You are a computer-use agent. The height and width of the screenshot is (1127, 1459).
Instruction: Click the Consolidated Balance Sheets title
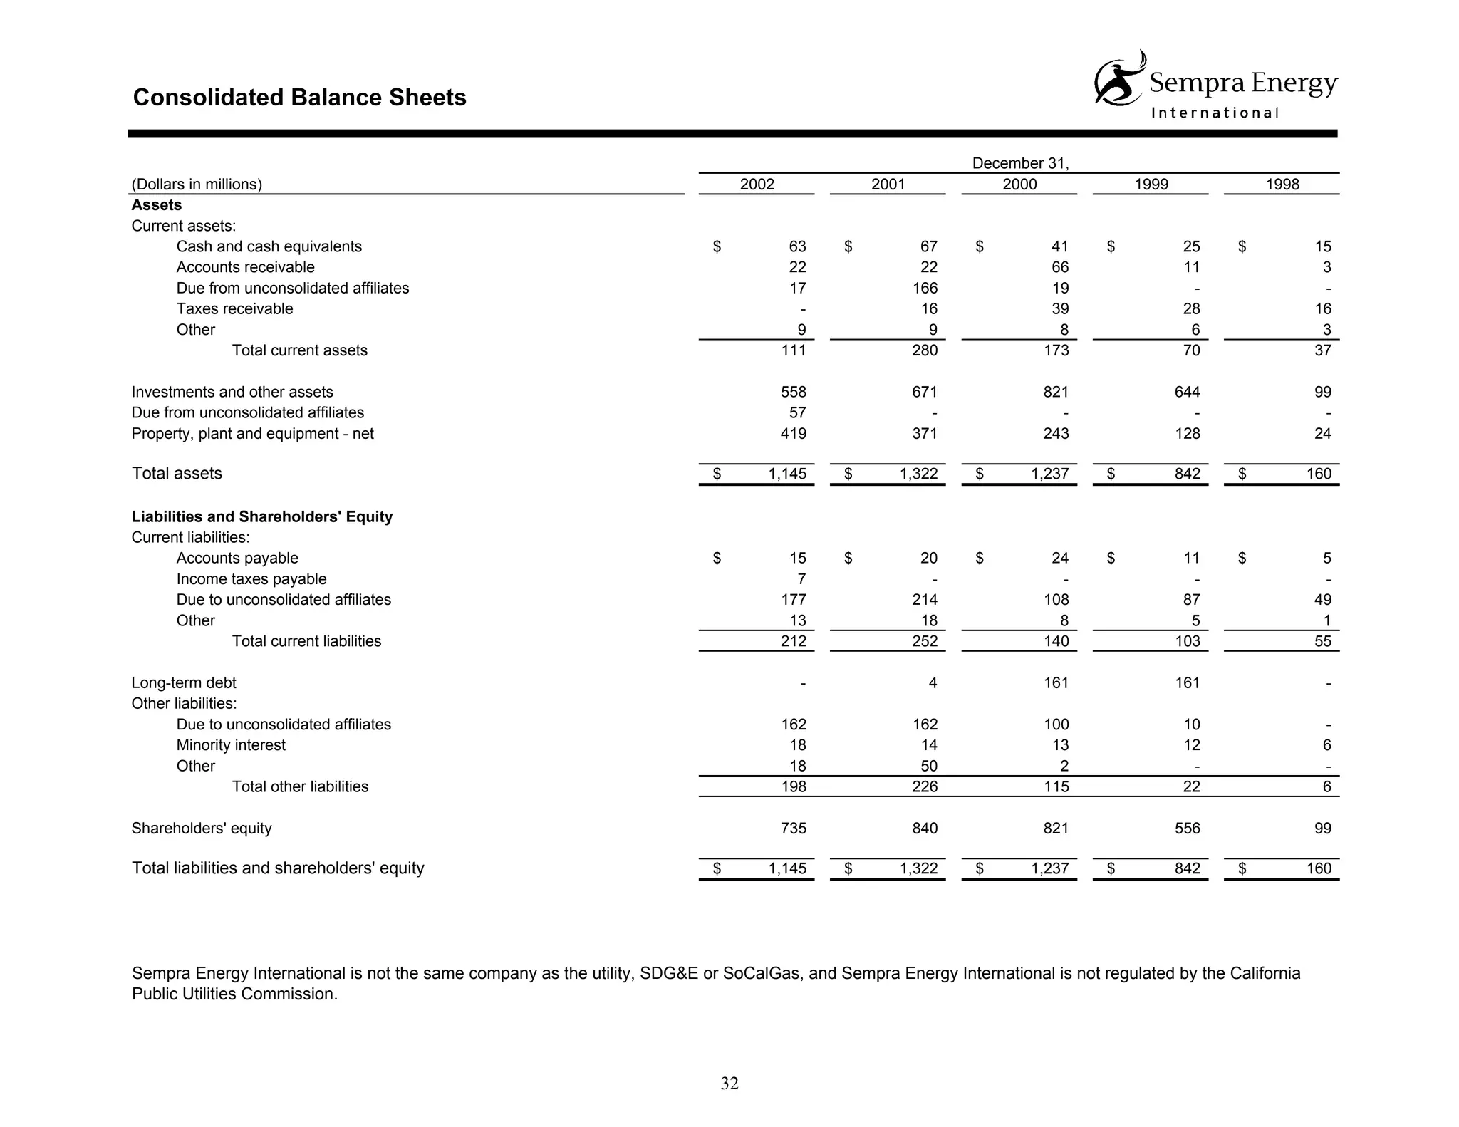click(x=299, y=98)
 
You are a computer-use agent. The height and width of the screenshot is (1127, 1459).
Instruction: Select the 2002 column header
click(x=757, y=185)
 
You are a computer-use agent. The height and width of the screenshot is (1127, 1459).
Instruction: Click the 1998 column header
click(x=1282, y=185)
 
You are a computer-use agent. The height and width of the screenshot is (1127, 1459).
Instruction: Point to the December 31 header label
click(x=1019, y=163)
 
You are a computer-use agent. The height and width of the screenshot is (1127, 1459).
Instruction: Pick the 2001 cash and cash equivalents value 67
click(x=928, y=246)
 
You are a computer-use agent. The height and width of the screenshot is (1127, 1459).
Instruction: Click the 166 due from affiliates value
click(x=924, y=288)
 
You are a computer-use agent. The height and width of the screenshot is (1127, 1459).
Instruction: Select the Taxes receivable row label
click(x=234, y=308)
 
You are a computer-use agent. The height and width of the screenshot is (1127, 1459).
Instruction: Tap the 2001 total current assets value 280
click(x=924, y=350)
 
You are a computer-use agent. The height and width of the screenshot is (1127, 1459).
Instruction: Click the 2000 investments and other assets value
click(x=1056, y=392)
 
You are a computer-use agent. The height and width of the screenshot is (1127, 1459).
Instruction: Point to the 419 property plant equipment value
click(x=793, y=433)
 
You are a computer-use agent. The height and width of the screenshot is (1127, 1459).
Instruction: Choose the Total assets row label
click(x=177, y=474)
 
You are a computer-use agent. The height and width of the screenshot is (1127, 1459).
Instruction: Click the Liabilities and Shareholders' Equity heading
click(x=261, y=516)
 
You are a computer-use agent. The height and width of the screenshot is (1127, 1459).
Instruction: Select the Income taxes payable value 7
click(x=801, y=579)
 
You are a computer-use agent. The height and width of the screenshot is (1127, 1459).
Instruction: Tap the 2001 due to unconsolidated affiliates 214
click(x=924, y=600)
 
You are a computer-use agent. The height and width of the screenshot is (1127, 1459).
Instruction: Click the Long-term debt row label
click(x=184, y=682)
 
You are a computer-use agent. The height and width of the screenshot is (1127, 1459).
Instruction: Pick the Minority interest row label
click(x=231, y=745)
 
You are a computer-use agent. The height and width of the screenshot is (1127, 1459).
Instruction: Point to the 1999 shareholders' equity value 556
click(x=1187, y=828)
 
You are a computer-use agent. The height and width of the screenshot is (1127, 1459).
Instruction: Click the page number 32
click(x=729, y=1083)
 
